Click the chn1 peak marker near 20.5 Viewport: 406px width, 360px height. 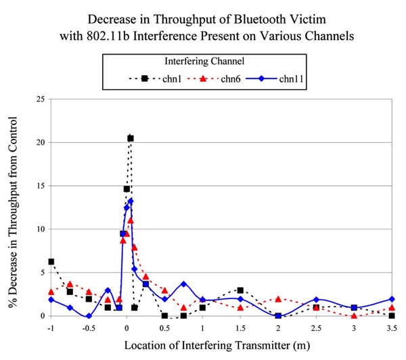tap(131, 138)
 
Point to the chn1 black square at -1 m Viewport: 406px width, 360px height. tap(51, 262)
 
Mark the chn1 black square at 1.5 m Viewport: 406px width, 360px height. tap(240, 290)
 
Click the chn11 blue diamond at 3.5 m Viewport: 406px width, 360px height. tap(392, 299)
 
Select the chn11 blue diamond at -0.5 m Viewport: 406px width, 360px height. tap(89, 315)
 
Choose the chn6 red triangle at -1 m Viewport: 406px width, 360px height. tap(51, 292)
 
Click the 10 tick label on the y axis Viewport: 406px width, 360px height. tap(39, 229)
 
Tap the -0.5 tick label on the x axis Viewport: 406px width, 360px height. tap(87, 328)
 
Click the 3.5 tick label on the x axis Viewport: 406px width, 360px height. tap(392, 328)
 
